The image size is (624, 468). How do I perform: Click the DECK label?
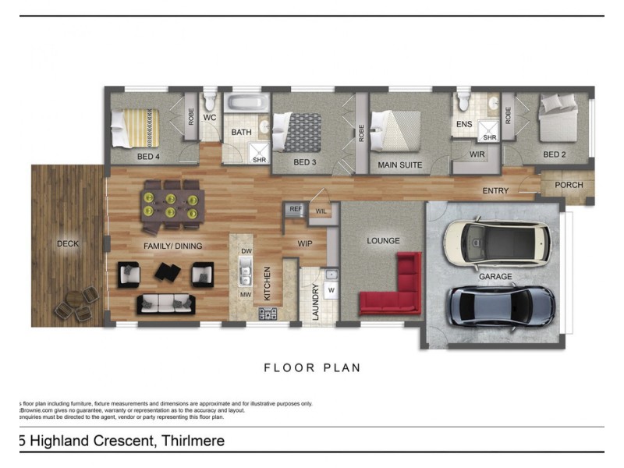point(68,244)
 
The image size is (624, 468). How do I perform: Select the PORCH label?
point(569,185)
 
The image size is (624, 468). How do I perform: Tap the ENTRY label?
point(495,191)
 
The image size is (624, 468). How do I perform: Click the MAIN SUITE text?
point(400,165)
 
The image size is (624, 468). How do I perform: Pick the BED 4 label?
point(148,157)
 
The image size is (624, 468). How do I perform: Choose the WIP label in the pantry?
point(306,243)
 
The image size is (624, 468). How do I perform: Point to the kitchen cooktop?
point(269,314)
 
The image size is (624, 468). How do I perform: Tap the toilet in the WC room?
point(209,102)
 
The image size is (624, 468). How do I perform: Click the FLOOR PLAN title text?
point(312,367)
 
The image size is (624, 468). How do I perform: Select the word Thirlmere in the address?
point(192,441)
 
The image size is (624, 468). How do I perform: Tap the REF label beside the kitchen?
point(296,209)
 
